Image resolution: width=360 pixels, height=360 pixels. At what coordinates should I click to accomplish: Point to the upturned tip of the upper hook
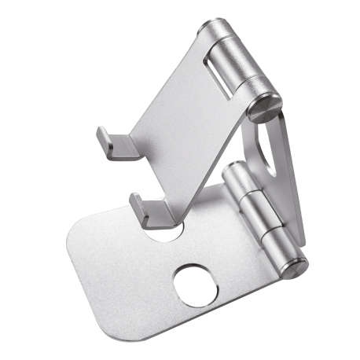(101, 135)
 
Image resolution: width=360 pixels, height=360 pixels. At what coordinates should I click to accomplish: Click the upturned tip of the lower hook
(137, 204)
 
